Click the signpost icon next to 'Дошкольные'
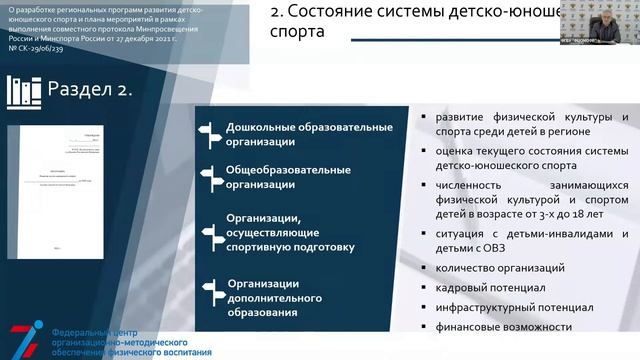point(210,133)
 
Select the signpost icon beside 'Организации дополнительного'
point(210,290)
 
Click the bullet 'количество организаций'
point(500,267)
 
